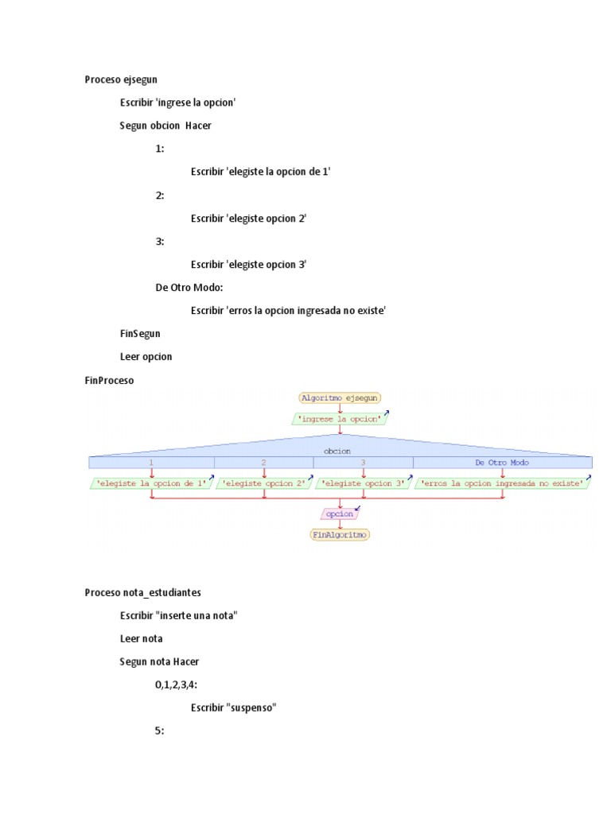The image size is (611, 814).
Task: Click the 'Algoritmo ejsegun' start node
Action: [340, 397]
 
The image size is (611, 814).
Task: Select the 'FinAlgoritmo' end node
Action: [340, 535]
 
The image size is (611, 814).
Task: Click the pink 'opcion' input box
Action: [340, 514]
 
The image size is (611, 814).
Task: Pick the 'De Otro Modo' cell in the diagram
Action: [502, 462]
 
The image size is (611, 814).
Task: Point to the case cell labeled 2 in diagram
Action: [263, 462]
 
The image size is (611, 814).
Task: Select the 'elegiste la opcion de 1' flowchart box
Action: [151, 483]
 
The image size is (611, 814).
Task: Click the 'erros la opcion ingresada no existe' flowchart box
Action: [502, 483]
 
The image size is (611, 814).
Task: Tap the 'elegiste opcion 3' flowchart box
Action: [362, 483]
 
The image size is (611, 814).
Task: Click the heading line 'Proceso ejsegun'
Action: [121, 79]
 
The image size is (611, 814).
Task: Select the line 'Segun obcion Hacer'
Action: [165, 126]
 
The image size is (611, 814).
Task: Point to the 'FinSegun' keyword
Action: [140, 334]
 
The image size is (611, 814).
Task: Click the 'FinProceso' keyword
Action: [110, 380]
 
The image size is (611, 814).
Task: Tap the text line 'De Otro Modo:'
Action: [189, 288]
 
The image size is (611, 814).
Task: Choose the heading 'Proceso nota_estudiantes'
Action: [143, 592]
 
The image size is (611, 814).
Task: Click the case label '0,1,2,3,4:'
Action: [177, 684]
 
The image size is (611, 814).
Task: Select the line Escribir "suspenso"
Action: [233, 707]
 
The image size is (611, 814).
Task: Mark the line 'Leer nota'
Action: [142, 638]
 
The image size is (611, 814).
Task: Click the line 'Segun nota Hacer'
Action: [159, 661]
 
